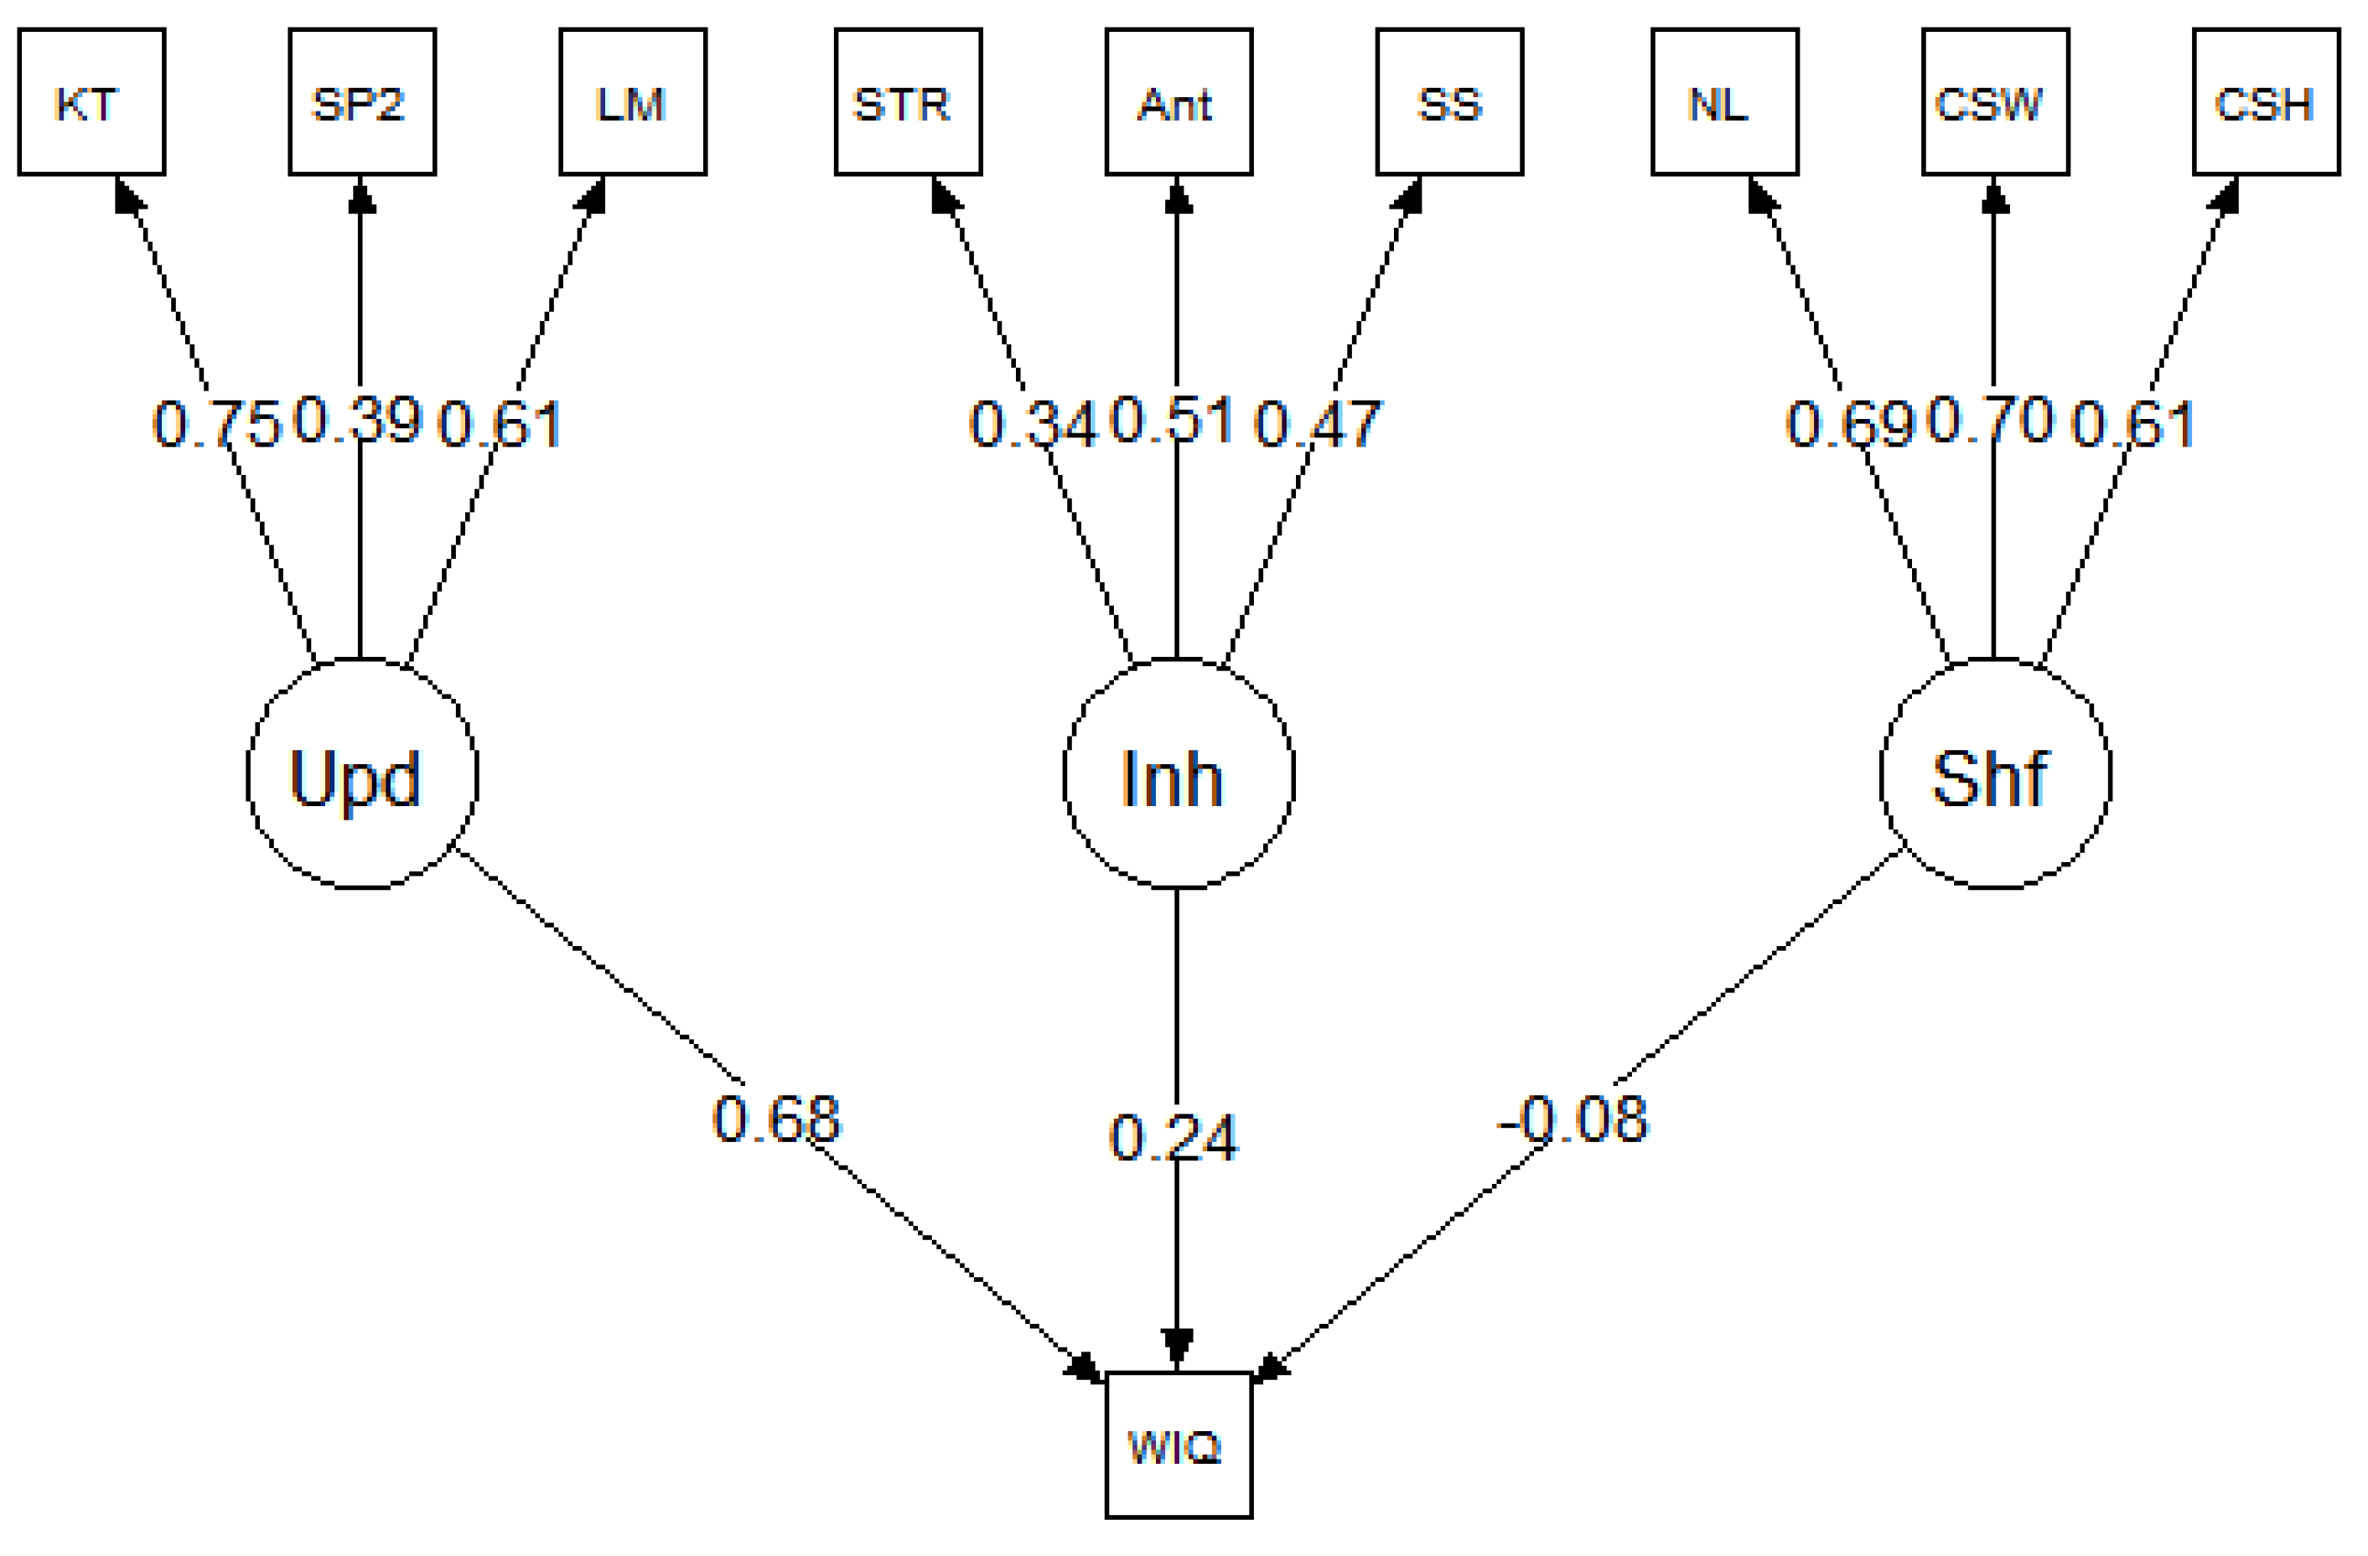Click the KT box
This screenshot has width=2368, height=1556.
tap(91, 102)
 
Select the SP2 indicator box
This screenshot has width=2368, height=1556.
tap(362, 102)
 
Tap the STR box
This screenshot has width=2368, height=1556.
tap(908, 102)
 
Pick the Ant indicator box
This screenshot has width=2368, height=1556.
tap(1178, 102)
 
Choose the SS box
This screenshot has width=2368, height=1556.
tap(1448, 102)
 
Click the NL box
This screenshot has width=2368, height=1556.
tap(1724, 102)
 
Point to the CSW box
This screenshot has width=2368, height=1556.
tap(1995, 102)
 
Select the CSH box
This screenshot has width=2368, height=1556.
tap(2266, 102)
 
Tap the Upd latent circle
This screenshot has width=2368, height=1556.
tap(362, 773)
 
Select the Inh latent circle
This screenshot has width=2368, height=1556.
tap(1178, 773)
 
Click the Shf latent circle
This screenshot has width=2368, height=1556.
tap(1995, 773)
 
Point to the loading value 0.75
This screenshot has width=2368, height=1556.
tap(216, 424)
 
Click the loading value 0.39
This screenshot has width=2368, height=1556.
tap(359, 419)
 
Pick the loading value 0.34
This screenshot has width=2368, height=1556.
tap(1033, 424)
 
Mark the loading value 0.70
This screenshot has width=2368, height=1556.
tap(1991, 419)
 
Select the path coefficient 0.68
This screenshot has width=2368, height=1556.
tap(776, 1119)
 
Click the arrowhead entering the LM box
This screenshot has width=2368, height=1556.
tap(593, 195)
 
